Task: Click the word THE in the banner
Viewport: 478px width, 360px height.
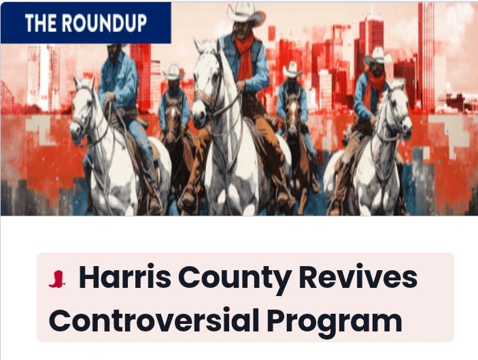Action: [41, 23]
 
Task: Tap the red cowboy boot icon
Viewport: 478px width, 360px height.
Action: [57, 279]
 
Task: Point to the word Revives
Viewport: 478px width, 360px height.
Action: [358, 277]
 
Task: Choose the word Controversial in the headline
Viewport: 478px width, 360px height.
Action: [154, 321]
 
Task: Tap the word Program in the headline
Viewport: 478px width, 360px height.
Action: [335, 323]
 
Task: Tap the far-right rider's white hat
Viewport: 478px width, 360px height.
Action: [378, 56]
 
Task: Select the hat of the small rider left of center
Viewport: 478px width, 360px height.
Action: [173, 73]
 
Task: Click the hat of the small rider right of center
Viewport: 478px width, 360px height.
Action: [292, 69]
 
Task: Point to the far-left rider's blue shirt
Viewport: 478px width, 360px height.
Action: [118, 80]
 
